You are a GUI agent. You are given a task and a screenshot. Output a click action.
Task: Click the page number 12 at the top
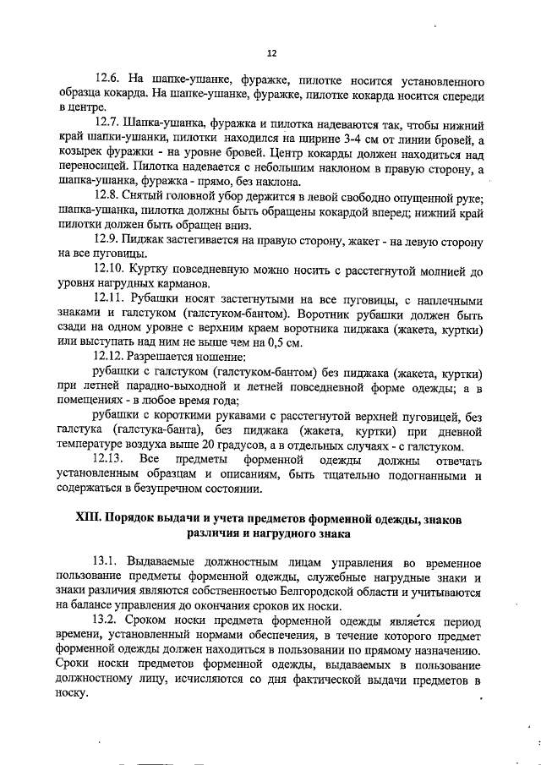point(271,52)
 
